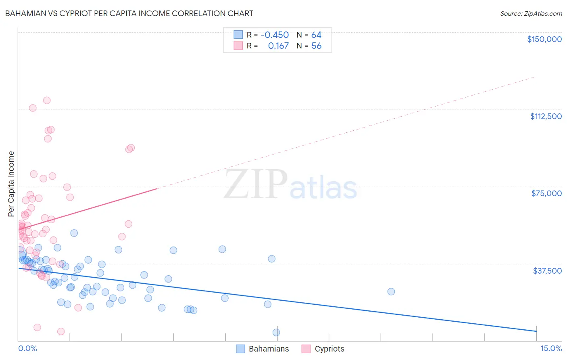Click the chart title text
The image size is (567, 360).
pyautogui.click(x=129, y=13)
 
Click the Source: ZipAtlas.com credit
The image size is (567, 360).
pyautogui.click(x=531, y=14)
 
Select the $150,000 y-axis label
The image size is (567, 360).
pyautogui.click(x=544, y=39)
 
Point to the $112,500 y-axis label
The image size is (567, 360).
pyautogui.click(x=546, y=116)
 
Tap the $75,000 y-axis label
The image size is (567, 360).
pyautogui.click(x=546, y=193)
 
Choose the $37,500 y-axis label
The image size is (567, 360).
pyautogui.click(x=547, y=271)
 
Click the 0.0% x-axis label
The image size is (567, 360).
pyautogui.click(x=27, y=349)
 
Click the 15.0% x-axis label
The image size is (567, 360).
pyautogui.click(x=551, y=349)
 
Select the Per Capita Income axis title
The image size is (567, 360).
pyautogui.click(x=11, y=184)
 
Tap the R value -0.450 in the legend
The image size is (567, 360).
pyautogui.click(x=275, y=35)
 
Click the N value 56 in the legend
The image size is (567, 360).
pyautogui.click(x=316, y=46)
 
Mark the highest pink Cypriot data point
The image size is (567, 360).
pyautogui.click(x=47, y=100)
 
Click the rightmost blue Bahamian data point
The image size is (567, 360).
pyautogui.click(x=391, y=291)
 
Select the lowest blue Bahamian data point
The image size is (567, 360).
pyautogui.click(x=276, y=333)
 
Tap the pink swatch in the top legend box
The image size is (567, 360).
pyautogui.click(x=238, y=46)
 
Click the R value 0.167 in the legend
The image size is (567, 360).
pyautogui.click(x=278, y=46)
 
